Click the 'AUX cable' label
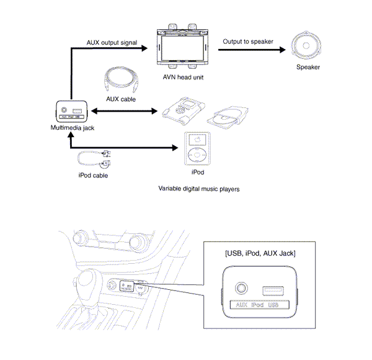point(122,99)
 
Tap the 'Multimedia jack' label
point(72,127)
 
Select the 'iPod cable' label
point(93,176)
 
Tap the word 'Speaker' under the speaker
point(308,67)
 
